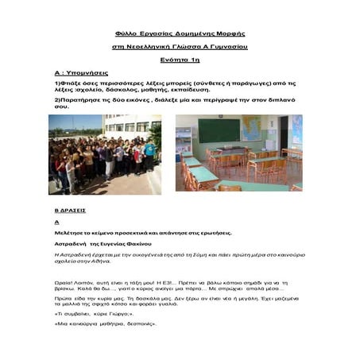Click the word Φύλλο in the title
(126, 34)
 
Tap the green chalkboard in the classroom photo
(219, 130)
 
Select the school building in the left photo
(131, 126)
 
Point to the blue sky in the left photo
(72, 121)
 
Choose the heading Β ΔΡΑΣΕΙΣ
(69, 210)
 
